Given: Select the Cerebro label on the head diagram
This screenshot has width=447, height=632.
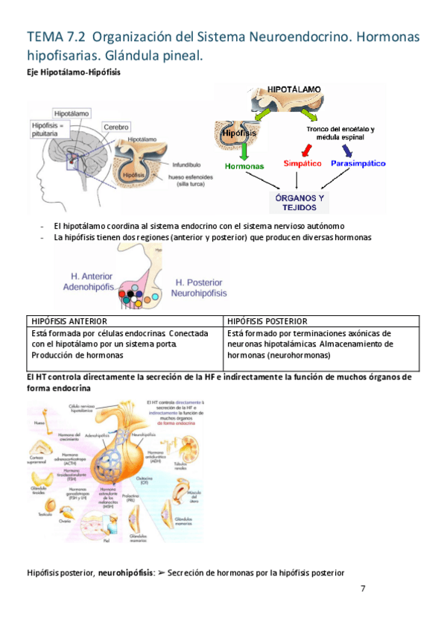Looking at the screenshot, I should pos(116,127).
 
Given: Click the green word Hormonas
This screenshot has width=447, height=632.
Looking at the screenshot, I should pos(244,166).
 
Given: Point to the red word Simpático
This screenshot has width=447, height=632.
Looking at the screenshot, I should pos(302,162).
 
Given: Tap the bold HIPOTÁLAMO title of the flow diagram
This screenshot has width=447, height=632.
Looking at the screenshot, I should pos(295,89).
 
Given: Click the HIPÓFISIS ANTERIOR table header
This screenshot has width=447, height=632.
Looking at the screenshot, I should pos(69,320).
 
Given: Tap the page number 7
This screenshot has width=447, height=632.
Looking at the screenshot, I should pos(363,589).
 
